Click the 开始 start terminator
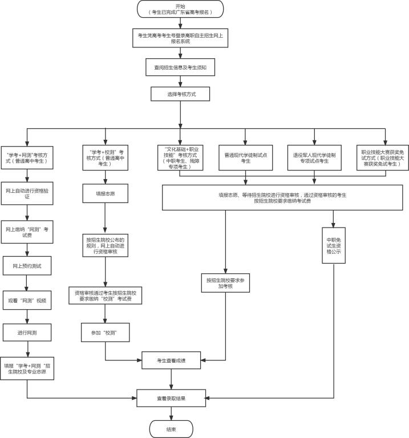(x=180, y=9)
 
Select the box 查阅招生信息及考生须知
(x=180, y=67)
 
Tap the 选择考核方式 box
(x=180, y=94)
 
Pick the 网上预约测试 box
(x=27, y=266)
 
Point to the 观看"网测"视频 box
(x=27, y=300)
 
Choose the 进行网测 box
(x=27, y=332)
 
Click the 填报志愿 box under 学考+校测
(x=105, y=194)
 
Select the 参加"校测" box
(x=105, y=332)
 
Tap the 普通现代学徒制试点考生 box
(x=246, y=158)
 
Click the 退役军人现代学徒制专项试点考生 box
(x=314, y=158)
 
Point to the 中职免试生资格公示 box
(x=333, y=245)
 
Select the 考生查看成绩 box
(x=171, y=361)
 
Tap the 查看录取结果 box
(x=171, y=398)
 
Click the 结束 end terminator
(x=171, y=429)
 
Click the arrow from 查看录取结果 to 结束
(x=171, y=413)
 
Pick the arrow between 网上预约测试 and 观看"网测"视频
(x=27, y=283)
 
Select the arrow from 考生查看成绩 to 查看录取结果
(x=171, y=379)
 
